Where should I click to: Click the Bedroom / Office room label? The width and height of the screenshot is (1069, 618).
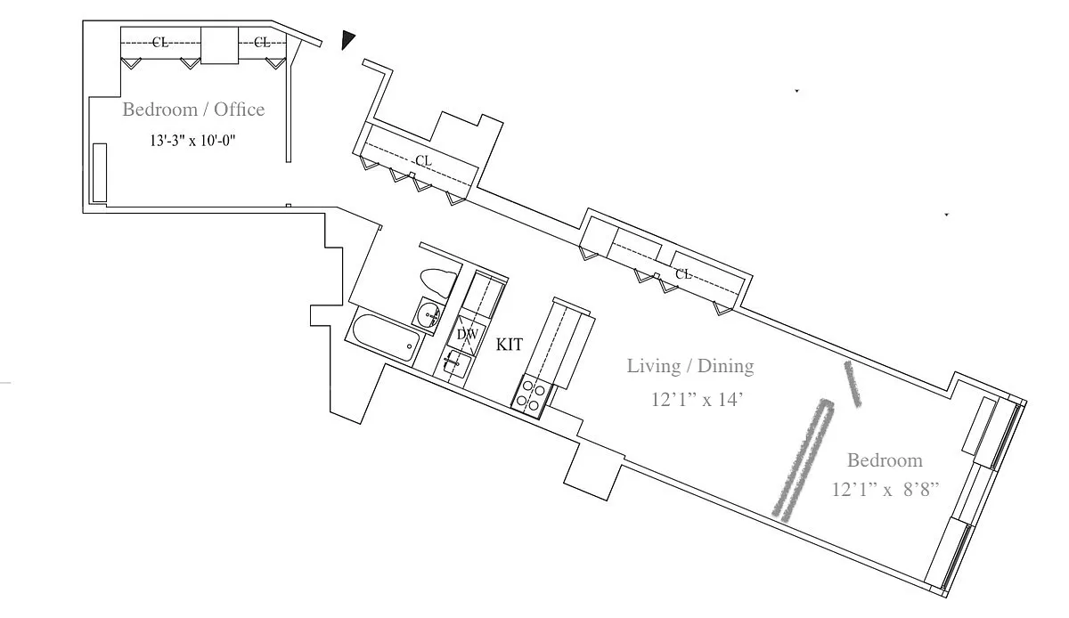[193, 110]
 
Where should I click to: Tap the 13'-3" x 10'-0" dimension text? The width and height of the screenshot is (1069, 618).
[192, 141]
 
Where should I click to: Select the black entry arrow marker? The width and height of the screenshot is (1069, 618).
[348, 40]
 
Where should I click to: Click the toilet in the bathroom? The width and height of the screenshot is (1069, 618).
[437, 282]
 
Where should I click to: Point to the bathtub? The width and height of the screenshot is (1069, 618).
[386, 337]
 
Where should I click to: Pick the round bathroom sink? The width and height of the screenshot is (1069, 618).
[428, 314]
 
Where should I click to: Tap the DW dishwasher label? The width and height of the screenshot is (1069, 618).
[467, 335]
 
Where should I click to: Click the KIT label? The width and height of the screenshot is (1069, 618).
[510, 345]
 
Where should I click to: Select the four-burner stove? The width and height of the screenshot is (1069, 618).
[531, 397]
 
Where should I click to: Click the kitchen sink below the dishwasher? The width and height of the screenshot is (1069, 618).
[455, 363]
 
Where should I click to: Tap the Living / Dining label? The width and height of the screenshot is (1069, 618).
[690, 366]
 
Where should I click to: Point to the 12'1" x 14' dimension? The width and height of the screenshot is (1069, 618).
[698, 400]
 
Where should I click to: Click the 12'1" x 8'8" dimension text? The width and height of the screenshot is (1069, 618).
[885, 490]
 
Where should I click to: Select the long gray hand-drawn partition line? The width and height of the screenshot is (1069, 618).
[804, 459]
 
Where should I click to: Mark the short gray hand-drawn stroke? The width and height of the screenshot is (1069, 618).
[853, 384]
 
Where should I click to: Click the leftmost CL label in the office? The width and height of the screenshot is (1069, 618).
[160, 43]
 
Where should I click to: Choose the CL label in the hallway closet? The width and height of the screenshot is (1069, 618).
[423, 161]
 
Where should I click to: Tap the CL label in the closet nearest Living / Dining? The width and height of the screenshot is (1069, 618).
[683, 274]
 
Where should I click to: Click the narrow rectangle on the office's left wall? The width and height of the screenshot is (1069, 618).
[99, 173]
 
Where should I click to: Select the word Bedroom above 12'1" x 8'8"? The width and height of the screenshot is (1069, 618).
[885, 460]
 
